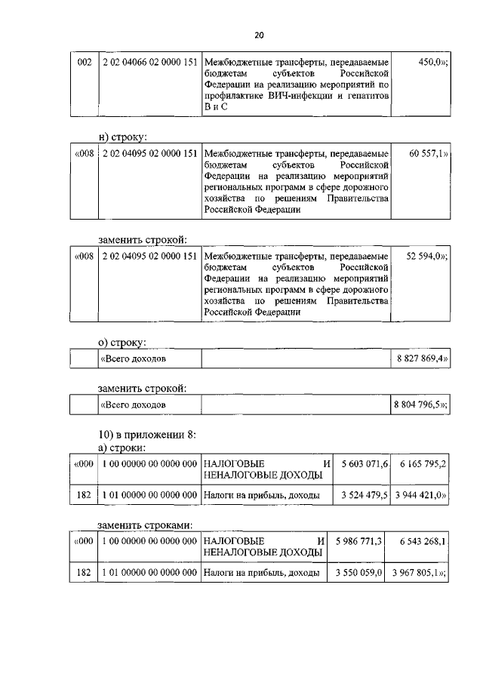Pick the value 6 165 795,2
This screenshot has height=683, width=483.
420,463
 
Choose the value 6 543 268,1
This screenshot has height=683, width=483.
420,541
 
